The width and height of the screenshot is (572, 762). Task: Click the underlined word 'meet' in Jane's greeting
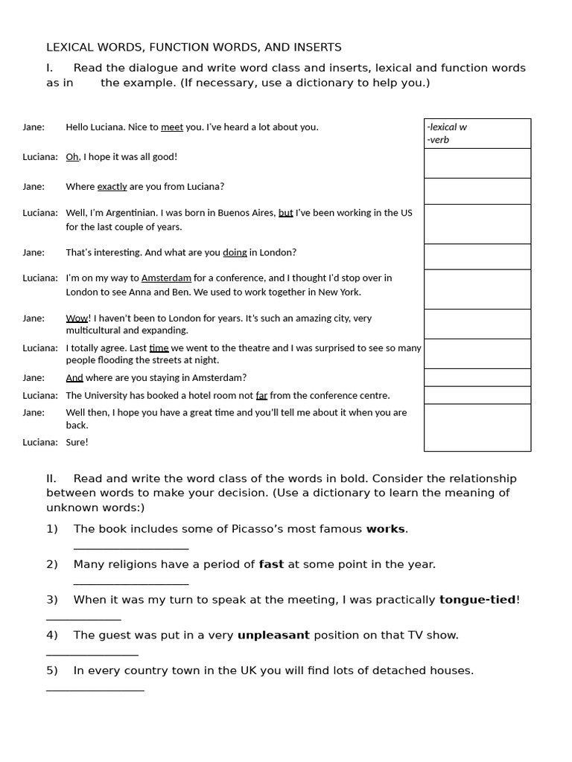coord(172,127)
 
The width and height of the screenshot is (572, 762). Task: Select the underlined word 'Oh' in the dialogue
coord(72,157)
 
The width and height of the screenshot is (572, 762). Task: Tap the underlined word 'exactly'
coord(112,187)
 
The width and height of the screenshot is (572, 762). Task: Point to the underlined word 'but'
coord(285,213)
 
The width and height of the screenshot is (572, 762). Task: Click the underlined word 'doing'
coord(235,253)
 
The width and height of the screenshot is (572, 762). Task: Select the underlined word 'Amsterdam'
coord(166,278)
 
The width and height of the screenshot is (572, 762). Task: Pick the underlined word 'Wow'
coord(77,318)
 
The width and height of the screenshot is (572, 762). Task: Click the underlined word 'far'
coord(261,396)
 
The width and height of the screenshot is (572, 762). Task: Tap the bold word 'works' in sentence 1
coord(385,529)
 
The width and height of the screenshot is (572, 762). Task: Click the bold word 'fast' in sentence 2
coord(271,565)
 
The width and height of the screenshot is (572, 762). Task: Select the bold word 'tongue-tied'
coord(477,600)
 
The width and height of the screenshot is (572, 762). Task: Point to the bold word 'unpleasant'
coord(273,635)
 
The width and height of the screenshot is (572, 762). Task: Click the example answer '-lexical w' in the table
coord(447,127)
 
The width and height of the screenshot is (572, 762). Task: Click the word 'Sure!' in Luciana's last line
coord(77,442)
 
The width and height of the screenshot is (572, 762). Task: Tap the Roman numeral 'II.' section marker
coord(52,478)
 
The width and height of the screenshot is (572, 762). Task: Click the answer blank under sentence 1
coord(131,548)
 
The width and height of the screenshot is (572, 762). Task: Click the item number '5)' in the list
coord(52,670)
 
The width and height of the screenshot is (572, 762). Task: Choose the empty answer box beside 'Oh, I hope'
coord(477,163)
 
